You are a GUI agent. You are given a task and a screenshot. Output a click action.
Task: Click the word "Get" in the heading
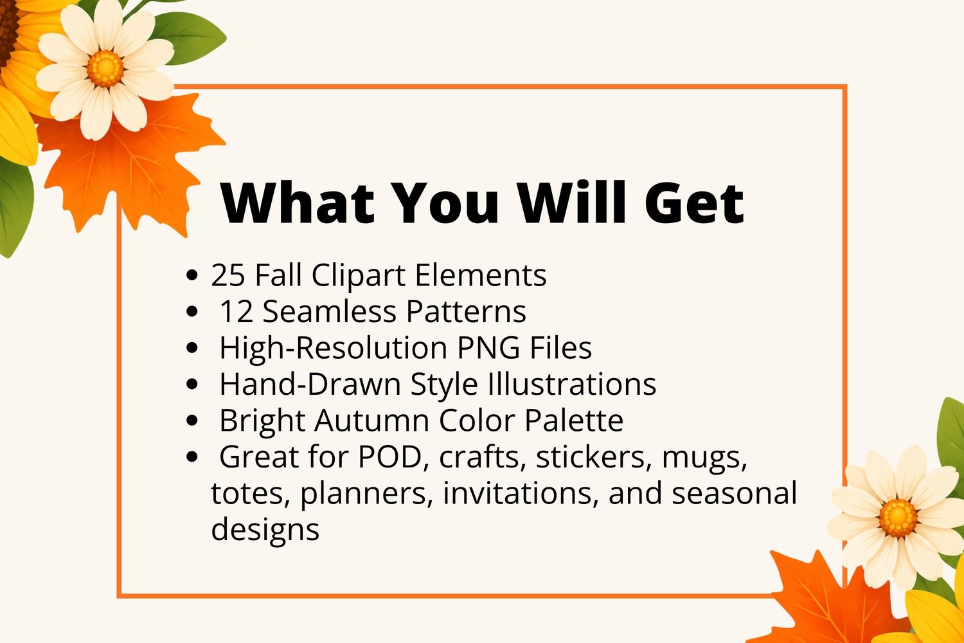click(x=694, y=203)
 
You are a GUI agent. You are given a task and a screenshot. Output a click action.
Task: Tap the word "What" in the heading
click(x=297, y=203)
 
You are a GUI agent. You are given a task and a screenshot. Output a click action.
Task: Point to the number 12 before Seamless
click(x=237, y=311)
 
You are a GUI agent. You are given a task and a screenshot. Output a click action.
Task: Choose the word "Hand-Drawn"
click(x=310, y=384)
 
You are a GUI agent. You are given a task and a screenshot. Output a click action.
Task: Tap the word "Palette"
click(x=574, y=420)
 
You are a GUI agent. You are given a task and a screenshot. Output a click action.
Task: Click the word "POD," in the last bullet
click(x=393, y=457)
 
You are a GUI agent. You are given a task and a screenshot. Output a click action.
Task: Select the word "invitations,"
click(x=521, y=493)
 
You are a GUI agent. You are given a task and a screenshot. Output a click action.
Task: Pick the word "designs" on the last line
click(x=265, y=530)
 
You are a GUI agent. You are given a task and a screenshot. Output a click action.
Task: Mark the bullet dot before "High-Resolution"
click(x=192, y=348)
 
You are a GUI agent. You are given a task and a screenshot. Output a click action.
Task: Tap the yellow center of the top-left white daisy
click(x=105, y=68)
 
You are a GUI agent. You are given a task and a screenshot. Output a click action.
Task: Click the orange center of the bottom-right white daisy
click(x=898, y=518)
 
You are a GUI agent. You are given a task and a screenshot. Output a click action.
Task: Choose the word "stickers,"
click(x=591, y=457)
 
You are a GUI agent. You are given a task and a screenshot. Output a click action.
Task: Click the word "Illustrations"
click(x=572, y=384)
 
